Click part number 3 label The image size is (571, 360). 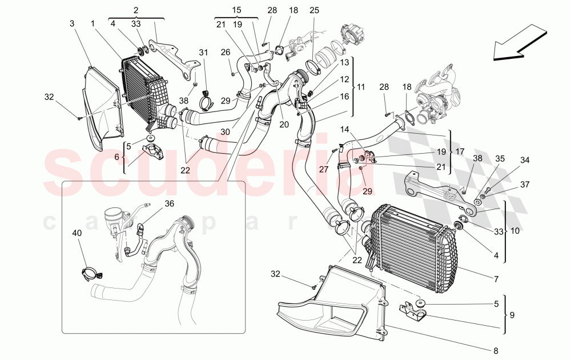73,23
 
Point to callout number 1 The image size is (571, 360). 93,23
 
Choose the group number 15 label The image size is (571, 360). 236,10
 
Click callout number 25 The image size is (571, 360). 314,10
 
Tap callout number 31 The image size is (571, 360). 204,53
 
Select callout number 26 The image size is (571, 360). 226,53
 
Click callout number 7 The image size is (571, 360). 496,279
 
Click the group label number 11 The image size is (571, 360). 361,87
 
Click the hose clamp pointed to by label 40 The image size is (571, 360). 87,274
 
